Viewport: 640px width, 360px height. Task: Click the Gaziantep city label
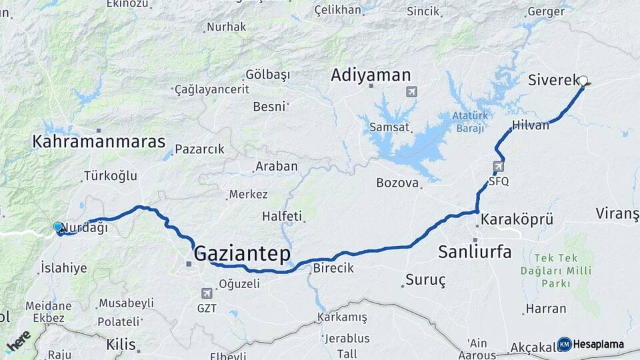243,254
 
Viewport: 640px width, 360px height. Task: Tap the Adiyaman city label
371,75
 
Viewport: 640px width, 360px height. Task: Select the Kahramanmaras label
99,141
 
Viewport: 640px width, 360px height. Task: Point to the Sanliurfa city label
475,251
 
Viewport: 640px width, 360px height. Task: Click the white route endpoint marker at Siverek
583,81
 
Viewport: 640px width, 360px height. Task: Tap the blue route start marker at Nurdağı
58,227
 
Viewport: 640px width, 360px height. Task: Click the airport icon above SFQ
499,166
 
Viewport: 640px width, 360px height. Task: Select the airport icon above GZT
207,293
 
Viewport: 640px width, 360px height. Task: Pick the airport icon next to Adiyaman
411,91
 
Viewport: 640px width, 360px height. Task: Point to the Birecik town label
333,268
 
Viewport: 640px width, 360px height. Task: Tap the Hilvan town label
531,125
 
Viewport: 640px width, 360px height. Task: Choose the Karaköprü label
517,219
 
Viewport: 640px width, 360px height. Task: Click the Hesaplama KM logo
591,344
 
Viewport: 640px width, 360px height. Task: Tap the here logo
18,341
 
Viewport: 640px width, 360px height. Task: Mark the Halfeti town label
282,216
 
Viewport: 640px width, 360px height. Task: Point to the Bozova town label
397,183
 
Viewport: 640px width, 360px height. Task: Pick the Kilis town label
121,345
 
